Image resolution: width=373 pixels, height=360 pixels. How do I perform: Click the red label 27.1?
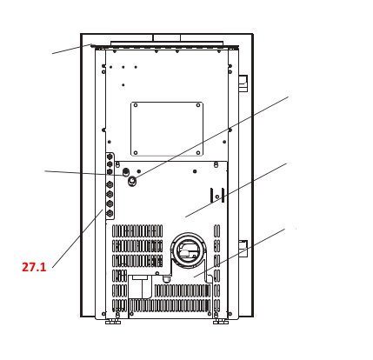click(x=33, y=268)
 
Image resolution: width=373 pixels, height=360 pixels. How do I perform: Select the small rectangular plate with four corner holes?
click(x=167, y=130)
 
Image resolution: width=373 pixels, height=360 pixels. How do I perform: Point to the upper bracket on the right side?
click(x=243, y=83)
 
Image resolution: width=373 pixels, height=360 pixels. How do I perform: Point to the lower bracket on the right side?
click(x=243, y=246)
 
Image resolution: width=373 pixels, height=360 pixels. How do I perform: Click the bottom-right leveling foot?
click(x=221, y=321)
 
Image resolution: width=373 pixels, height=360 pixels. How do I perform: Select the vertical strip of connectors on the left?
click(x=110, y=187)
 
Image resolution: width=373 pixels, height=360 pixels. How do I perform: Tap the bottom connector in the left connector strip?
click(x=110, y=213)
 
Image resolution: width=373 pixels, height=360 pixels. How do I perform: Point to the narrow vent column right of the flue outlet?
click(x=216, y=261)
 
